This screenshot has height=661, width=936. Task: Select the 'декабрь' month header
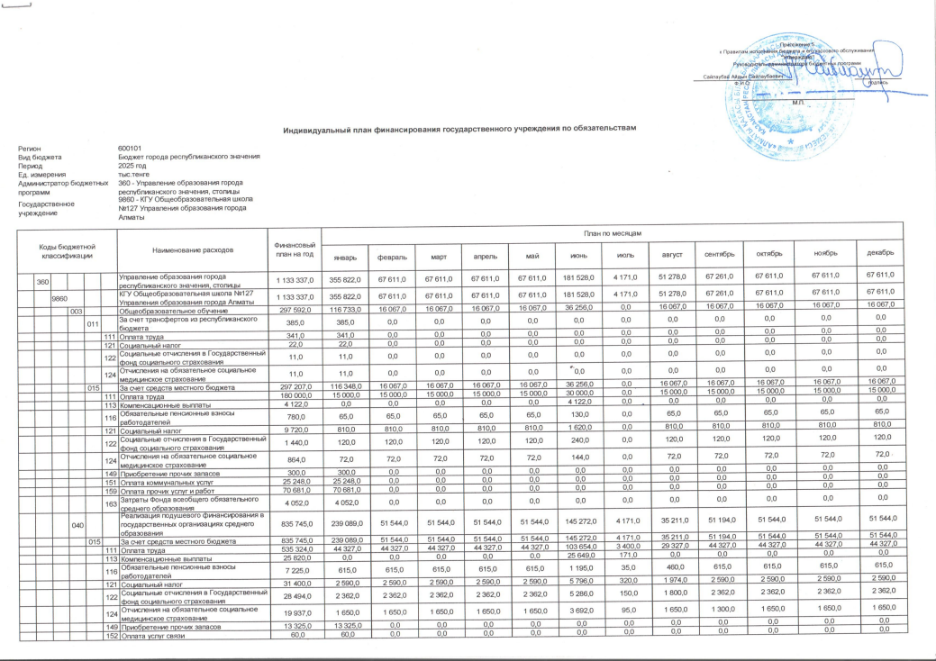(880, 253)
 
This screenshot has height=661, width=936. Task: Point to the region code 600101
(130, 149)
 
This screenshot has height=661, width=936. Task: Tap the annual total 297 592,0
(292, 311)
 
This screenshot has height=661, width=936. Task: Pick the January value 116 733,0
(344, 311)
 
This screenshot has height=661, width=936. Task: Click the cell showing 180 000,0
(292, 396)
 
